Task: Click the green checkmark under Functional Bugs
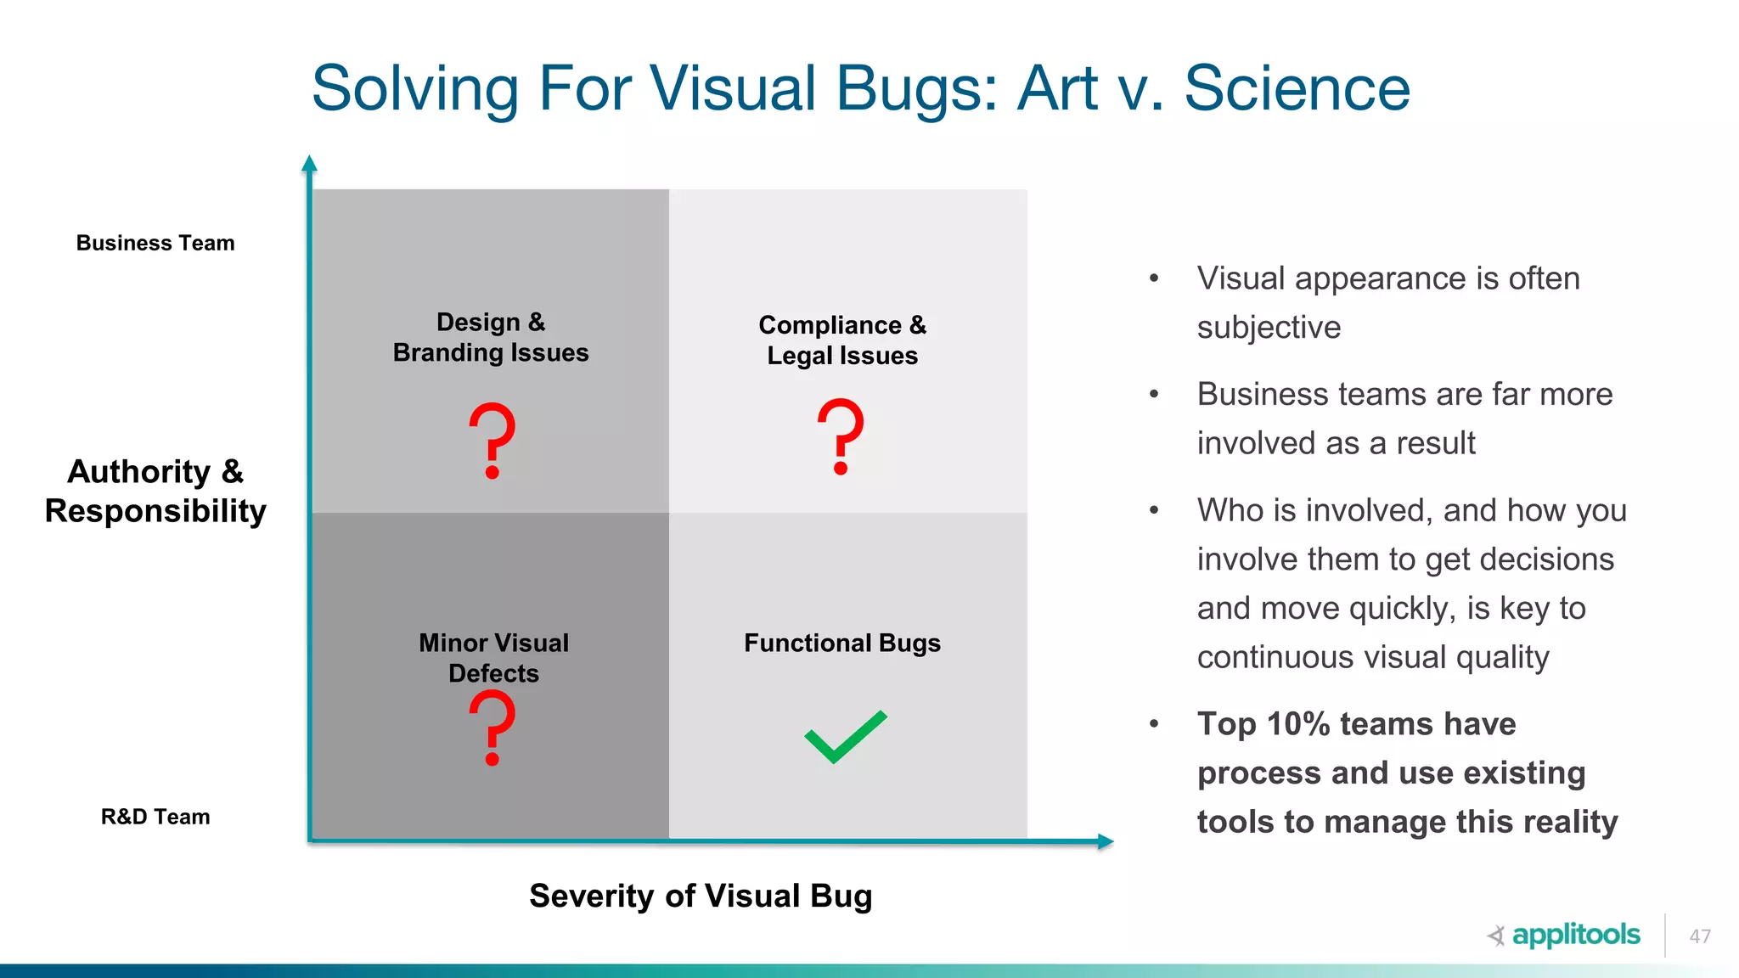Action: (x=845, y=737)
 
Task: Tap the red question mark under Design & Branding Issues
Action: (x=492, y=440)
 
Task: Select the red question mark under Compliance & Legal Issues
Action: (x=841, y=436)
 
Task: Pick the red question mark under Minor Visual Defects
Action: (x=492, y=727)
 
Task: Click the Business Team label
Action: (x=155, y=243)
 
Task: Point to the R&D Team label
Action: (x=155, y=817)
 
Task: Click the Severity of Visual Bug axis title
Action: (x=701, y=896)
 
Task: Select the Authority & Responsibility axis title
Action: (x=155, y=491)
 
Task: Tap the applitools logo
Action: (x=1564, y=935)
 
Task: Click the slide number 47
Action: (x=1700, y=936)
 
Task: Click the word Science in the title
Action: (x=1297, y=88)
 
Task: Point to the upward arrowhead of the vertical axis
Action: (x=310, y=163)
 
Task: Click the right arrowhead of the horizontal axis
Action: (x=1105, y=841)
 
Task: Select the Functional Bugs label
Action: (x=842, y=643)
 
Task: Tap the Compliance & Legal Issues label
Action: (x=842, y=340)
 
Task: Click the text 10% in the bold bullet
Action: (x=1297, y=724)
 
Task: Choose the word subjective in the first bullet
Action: (x=1269, y=328)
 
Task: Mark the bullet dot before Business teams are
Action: (x=1154, y=395)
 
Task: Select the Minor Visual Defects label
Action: (x=494, y=657)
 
